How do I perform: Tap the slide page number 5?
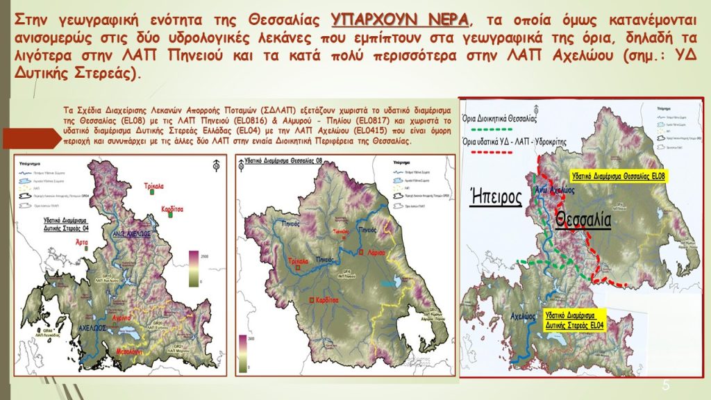(x=666, y=385)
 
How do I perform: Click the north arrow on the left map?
(x=217, y=165)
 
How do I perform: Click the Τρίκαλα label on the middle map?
(x=298, y=262)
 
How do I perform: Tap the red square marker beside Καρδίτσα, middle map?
(x=310, y=300)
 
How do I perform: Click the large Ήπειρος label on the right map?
(x=496, y=197)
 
